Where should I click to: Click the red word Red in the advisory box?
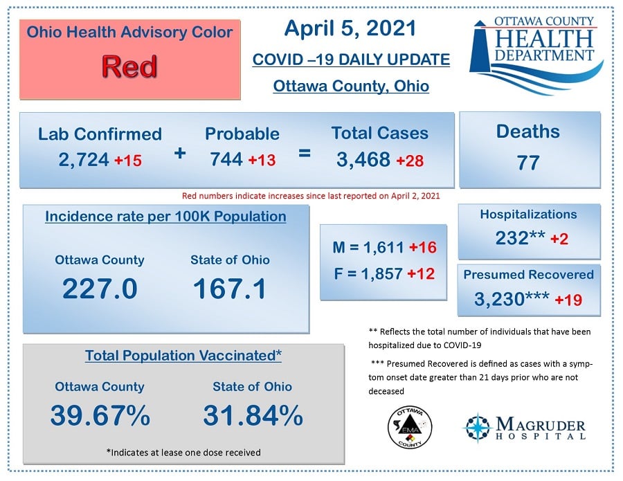(129, 66)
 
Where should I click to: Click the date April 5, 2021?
(350, 28)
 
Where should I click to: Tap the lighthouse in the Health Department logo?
(481, 47)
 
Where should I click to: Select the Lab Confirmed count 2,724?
(84, 160)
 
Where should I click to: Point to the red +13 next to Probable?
(262, 160)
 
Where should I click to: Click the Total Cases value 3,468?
(363, 160)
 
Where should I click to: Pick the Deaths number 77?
(528, 163)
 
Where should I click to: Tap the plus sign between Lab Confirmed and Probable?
(180, 153)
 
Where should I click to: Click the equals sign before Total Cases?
(305, 153)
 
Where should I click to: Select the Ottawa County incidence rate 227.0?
(100, 289)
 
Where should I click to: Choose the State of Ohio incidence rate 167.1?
(230, 289)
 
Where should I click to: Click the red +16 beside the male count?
(423, 247)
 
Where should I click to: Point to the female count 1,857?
(381, 273)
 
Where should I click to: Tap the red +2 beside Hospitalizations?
(559, 239)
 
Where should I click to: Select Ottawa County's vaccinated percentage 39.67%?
(100, 415)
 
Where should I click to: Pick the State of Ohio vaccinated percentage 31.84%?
(253, 415)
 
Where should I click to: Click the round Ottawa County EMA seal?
(410, 428)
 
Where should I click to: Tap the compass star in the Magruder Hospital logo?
(478, 428)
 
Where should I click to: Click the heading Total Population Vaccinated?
(183, 356)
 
